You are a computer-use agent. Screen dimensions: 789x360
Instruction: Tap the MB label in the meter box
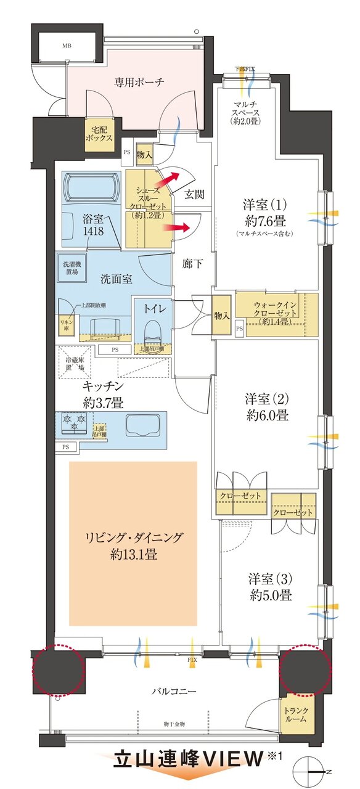tap(65, 46)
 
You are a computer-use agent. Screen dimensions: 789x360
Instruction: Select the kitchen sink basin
tap(142, 425)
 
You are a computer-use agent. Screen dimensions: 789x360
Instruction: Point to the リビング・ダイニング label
tap(133, 538)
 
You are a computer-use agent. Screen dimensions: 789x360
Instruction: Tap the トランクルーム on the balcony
tap(300, 715)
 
